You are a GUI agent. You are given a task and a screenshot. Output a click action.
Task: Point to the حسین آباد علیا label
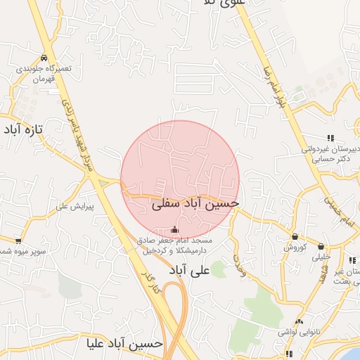pyautogui.click(x=124, y=345)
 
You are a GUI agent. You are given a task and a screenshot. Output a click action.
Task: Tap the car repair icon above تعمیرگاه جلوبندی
pyautogui.click(x=44, y=58)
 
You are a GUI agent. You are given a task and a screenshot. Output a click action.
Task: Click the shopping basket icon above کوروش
pyautogui.click(x=294, y=236)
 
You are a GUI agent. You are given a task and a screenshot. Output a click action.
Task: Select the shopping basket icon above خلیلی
pyautogui.click(x=321, y=247)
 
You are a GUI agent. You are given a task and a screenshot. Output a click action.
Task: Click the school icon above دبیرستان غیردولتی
pyautogui.click(x=330, y=139)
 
